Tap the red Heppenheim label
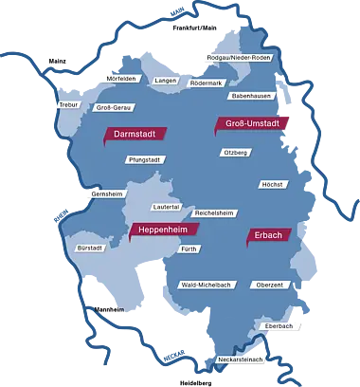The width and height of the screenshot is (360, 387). point(164,230)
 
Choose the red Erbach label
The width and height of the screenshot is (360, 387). point(267,234)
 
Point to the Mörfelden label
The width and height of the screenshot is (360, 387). point(123,78)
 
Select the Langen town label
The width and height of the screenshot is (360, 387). point(166,81)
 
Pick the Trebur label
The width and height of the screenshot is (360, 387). point(67,104)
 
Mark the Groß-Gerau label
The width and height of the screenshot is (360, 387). point(113,107)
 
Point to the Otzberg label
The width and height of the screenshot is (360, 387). point(235,152)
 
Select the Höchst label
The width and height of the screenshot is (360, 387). point(271,184)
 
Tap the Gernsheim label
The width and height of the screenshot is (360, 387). point(107,193)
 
